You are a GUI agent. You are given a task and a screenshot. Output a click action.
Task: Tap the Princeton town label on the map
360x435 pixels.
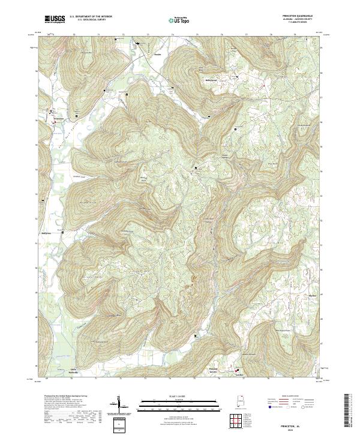[58, 118]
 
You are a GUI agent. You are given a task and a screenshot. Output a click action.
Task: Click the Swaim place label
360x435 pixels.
[158, 55]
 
